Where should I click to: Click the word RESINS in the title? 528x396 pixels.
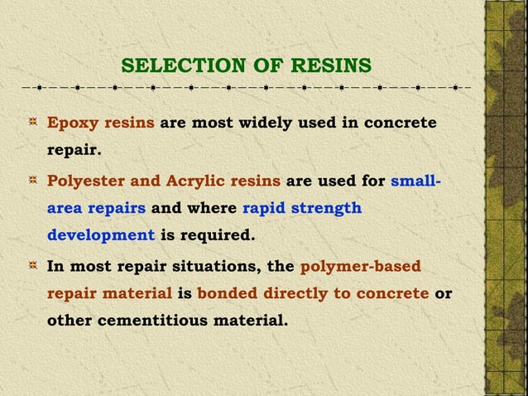[333, 65]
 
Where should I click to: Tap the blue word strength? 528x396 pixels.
[329, 207]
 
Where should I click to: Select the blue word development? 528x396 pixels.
[100, 234]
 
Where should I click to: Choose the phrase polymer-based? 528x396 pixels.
[360, 266]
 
